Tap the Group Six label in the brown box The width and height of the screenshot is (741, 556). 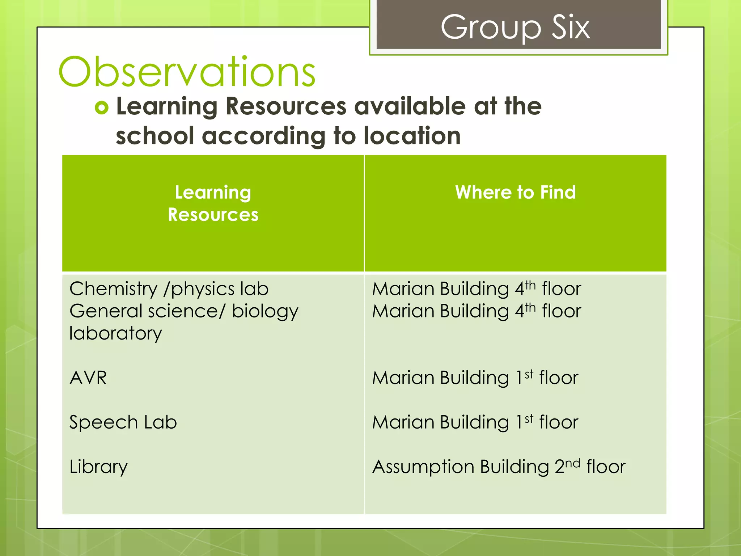tap(515, 28)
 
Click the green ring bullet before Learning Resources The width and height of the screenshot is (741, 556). tap(102, 108)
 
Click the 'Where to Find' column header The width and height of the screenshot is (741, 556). tap(515, 192)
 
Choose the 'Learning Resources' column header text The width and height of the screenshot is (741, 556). tap(213, 203)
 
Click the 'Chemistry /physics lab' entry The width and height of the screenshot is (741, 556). tap(169, 289)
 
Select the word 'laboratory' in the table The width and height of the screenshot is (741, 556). tap(115, 333)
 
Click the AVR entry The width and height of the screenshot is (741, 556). tap(88, 378)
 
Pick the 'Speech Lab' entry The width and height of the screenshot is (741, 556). tap(123, 422)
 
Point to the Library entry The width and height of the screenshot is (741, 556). tap(98, 467)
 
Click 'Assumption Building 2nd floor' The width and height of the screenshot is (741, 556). tap(499, 467)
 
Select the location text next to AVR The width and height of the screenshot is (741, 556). tap(475, 378)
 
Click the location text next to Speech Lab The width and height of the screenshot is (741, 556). tap(475, 422)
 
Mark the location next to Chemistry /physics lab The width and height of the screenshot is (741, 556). tap(477, 289)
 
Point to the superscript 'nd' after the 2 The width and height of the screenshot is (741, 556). tap(572, 463)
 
